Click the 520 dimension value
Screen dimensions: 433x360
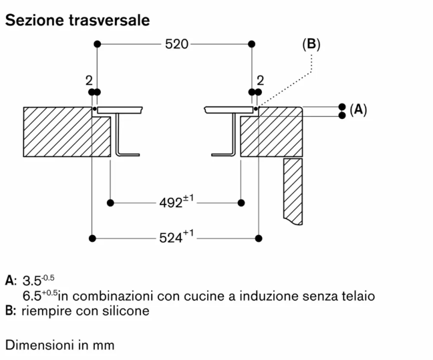coord(176,44)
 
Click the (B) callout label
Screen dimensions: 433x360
coord(311,44)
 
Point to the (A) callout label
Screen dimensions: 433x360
coord(358,110)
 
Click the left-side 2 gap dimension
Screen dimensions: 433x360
coord(89,81)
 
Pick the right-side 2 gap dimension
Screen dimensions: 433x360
coord(261,81)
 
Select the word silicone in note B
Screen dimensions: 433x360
coord(126,311)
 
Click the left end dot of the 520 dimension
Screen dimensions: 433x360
coord(97,44)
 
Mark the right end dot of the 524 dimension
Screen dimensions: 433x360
coord(259,238)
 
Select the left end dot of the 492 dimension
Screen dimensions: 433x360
coord(110,203)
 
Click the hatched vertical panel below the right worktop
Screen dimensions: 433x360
coord(293,191)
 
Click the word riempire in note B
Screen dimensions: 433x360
coord(47,311)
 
